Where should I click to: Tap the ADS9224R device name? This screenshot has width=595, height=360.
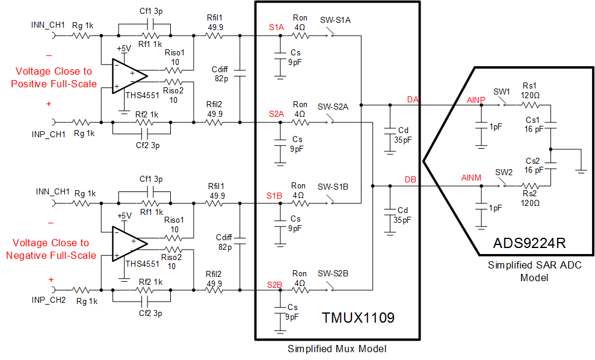click(529, 244)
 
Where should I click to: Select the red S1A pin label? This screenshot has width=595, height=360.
click(276, 28)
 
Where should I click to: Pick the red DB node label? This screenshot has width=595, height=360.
click(410, 179)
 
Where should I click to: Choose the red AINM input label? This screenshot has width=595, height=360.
click(472, 178)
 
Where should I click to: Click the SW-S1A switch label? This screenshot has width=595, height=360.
click(336, 20)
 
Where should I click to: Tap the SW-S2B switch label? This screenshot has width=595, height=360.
click(334, 274)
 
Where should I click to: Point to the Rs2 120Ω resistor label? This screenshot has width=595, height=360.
click(531, 197)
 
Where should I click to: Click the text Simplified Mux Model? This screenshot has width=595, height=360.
click(336, 349)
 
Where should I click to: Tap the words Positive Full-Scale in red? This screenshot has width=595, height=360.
click(54, 84)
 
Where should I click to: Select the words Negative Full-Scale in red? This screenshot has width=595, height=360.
click(51, 255)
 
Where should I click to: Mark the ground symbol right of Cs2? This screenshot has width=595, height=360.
click(581, 170)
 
